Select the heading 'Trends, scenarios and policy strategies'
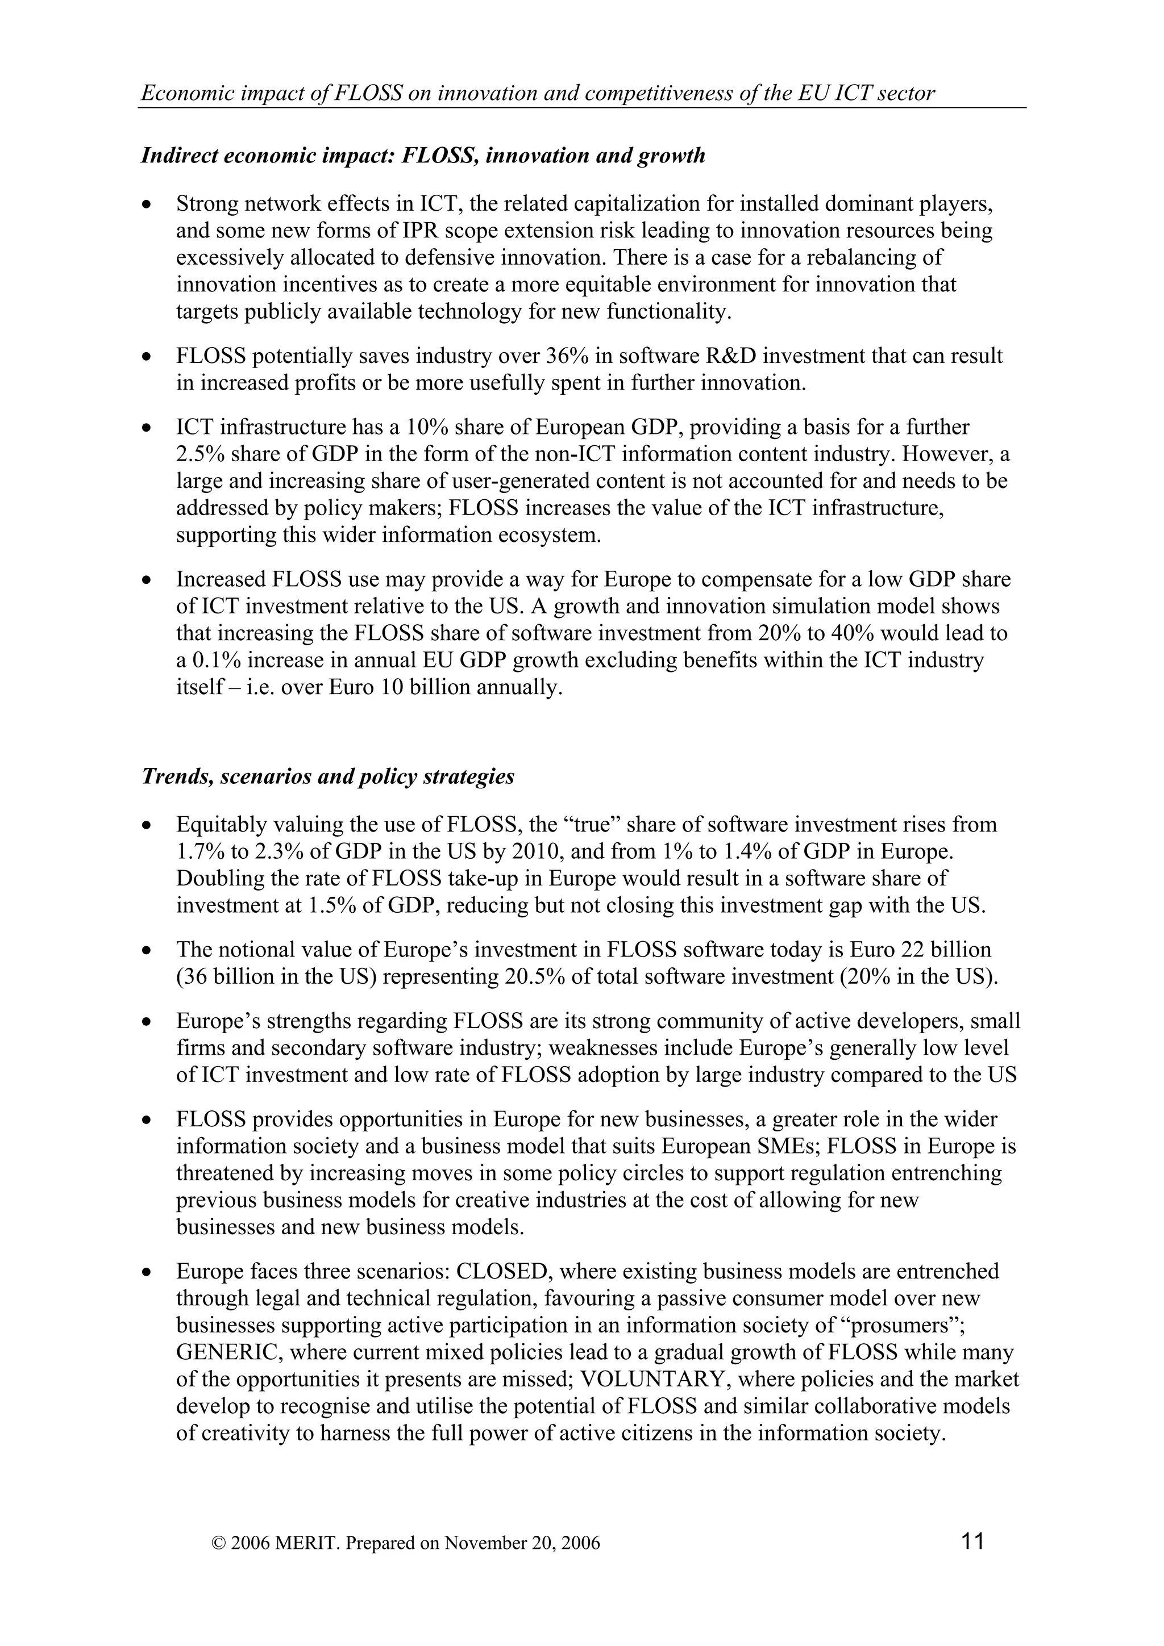point(328,777)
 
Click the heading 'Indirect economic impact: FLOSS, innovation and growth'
point(423,156)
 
